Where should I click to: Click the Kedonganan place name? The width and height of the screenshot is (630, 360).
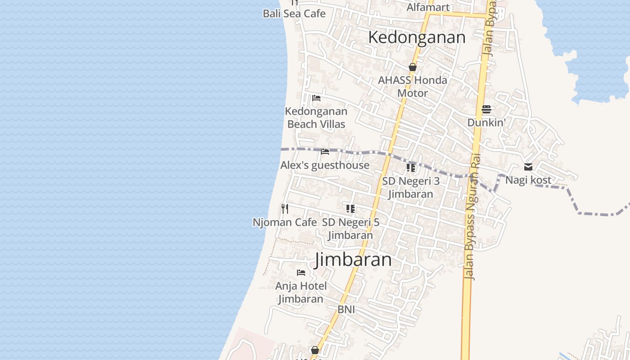pos(417,37)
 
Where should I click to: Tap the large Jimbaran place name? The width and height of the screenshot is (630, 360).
pos(353,260)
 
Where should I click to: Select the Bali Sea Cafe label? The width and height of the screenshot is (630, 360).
pos(294,13)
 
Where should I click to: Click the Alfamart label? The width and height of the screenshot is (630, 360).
pos(428,7)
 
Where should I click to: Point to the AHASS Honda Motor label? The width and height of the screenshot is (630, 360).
pos(413,86)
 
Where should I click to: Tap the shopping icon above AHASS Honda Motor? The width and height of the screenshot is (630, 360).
pos(413,67)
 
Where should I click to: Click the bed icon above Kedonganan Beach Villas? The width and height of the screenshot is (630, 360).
pos(316,98)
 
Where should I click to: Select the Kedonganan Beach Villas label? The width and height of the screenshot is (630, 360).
pos(316,117)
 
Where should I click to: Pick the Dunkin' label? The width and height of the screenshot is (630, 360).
pos(486,122)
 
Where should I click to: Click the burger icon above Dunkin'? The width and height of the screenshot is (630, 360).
pos(486,109)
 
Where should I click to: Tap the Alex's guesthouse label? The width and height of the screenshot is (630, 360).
pos(325,165)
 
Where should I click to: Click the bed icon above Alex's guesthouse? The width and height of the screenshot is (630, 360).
pos(325,152)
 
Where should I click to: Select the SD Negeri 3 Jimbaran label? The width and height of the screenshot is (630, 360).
pos(411,188)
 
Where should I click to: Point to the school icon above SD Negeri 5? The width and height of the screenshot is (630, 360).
pos(351,209)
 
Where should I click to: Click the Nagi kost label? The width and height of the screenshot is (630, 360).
pos(528,180)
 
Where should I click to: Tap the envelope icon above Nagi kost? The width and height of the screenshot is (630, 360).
pos(528,167)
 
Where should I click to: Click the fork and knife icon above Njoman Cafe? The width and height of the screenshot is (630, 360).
pos(284,209)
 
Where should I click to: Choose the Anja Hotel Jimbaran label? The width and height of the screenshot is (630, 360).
pos(301,292)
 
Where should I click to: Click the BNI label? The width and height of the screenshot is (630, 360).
pos(346,310)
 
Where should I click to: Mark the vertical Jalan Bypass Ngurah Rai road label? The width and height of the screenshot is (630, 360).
pos(472,216)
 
